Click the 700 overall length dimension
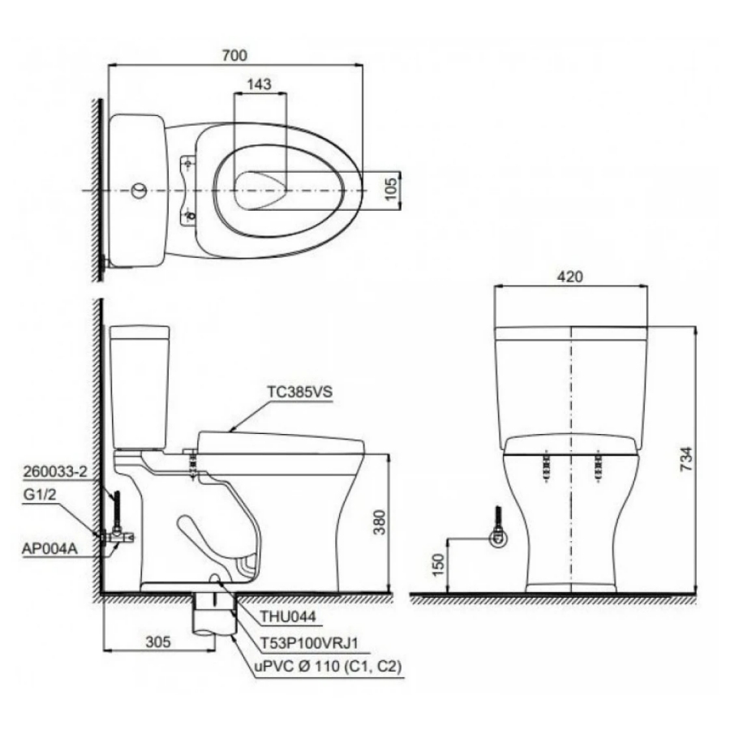click(234, 55)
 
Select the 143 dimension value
click(259, 84)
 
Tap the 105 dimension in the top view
click(392, 189)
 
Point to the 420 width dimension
click(570, 277)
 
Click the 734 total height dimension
click(685, 460)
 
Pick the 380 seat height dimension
click(380, 522)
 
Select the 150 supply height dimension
click(439, 565)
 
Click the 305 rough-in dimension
click(158, 642)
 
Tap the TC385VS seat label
click(300, 392)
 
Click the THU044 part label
click(288, 616)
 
